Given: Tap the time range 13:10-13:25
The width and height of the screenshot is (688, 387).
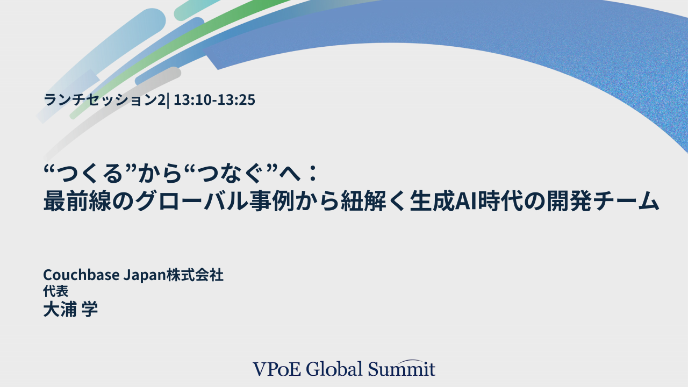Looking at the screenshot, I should point(214,100).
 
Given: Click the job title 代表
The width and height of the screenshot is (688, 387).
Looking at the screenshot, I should point(55,292).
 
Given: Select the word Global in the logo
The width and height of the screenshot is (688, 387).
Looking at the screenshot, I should point(334,369).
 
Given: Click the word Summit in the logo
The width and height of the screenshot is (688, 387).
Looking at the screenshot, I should point(402,369).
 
